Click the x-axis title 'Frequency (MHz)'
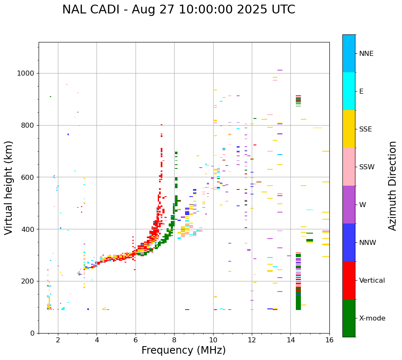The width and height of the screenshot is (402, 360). tap(183, 350)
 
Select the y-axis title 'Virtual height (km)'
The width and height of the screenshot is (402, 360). tap(9, 187)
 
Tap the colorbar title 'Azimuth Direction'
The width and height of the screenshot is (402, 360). tap(392, 185)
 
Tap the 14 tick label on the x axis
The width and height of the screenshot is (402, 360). tap(290, 340)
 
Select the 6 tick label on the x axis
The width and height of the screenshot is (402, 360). tap(136, 340)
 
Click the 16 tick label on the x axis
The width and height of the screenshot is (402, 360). tap(329, 340)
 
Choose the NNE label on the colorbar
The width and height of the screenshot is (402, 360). tap(366, 54)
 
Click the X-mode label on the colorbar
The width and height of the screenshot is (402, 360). tap(372, 318)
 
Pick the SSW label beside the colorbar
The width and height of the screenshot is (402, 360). tap(367, 167)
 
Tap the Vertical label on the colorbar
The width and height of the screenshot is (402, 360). tap(372, 281)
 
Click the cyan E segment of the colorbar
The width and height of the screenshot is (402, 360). tap(349, 91)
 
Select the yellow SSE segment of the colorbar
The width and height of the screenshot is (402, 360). tap(349, 129)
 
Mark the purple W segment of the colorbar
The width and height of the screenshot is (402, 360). tap(349, 205)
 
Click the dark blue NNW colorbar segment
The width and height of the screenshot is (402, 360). tap(349, 242)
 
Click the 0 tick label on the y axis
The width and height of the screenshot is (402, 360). tap(33, 333)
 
